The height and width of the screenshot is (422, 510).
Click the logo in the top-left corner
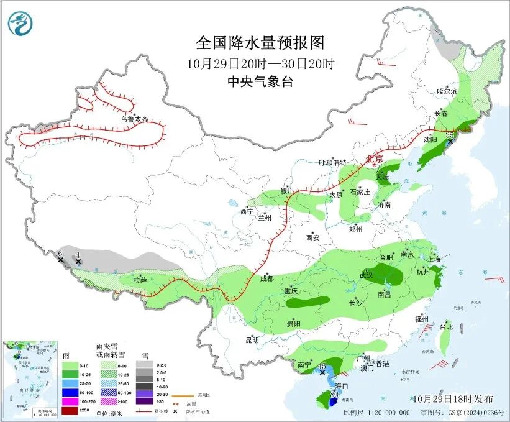[x=20, y=24]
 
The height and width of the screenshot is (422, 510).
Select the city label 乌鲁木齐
[x=134, y=119]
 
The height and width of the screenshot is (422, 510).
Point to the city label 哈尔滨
[x=446, y=91]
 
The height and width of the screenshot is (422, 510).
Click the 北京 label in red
[x=375, y=159]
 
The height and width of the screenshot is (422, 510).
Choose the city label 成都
[x=266, y=278]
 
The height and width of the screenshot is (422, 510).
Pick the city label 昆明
[x=252, y=340]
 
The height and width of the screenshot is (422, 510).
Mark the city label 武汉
[x=366, y=275]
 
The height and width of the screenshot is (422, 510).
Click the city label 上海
[x=434, y=259]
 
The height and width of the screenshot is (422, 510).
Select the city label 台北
[x=446, y=326]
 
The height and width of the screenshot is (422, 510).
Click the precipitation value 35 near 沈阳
[x=450, y=134]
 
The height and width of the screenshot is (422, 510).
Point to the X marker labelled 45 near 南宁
[x=322, y=372]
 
